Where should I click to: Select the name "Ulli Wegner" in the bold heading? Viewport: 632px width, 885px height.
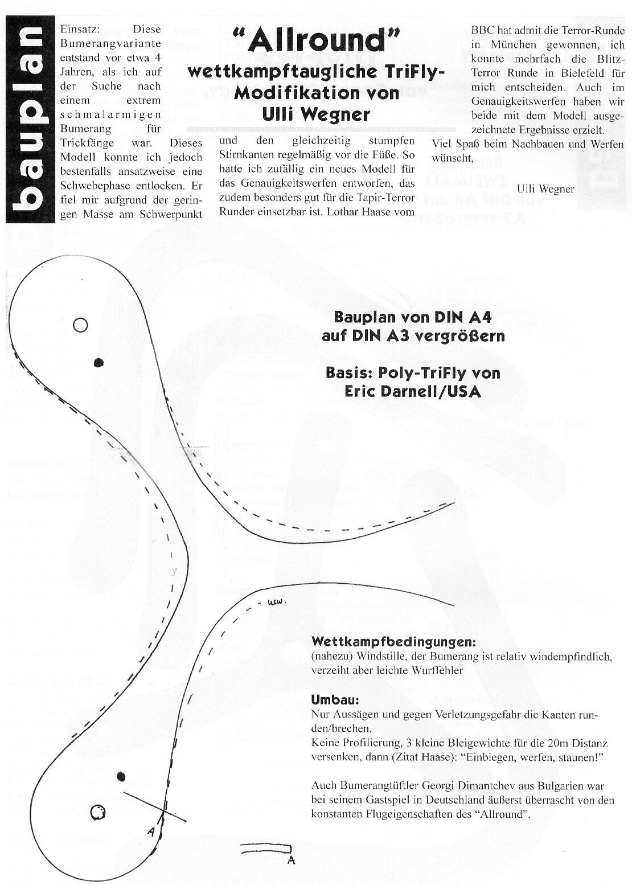pyautogui.click(x=316, y=114)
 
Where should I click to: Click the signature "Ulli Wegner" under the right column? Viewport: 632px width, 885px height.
pyautogui.click(x=545, y=189)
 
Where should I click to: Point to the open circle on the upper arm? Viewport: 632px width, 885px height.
pyautogui.click(x=80, y=325)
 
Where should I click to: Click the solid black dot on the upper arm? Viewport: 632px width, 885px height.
pyautogui.click(x=99, y=362)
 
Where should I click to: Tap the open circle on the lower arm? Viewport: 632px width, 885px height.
pyautogui.click(x=98, y=812)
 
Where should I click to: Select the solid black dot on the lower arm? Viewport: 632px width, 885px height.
pyautogui.click(x=121, y=776)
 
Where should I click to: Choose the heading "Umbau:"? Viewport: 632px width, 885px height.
pyautogui.click(x=331, y=699)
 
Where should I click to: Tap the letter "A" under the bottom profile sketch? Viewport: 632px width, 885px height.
pyautogui.click(x=291, y=860)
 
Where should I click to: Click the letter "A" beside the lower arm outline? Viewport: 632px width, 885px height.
pyautogui.click(x=151, y=831)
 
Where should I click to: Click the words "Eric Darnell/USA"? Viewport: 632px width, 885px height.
pyautogui.click(x=412, y=392)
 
